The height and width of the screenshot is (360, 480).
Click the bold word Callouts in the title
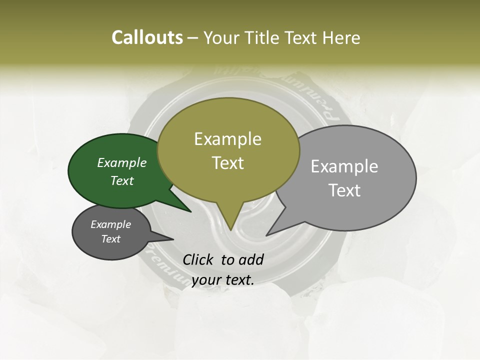[147, 37]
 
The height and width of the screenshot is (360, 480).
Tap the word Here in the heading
[341, 37]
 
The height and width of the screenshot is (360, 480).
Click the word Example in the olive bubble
[227, 139]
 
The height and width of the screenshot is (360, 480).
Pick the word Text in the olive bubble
[228, 163]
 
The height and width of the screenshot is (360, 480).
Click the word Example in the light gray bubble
[344, 166]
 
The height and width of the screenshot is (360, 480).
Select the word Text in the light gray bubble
[344, 190]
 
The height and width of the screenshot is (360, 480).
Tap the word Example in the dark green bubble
[121, 162]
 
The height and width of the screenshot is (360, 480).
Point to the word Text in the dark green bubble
[121, 180]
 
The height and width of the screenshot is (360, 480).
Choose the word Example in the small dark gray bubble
[110, 224]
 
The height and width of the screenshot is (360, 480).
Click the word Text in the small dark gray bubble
[110, 239]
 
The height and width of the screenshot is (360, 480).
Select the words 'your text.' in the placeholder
[222, 280]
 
